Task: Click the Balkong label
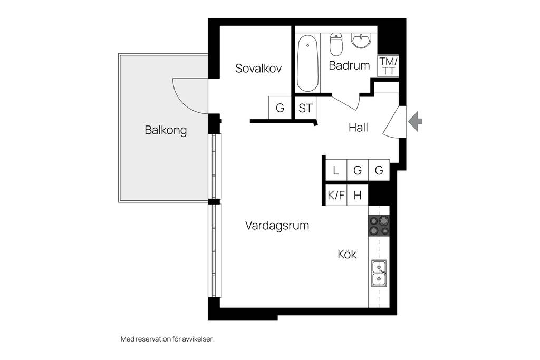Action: tap(166, 130)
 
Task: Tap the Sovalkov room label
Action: tap(258, 68)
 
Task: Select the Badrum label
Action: tap(349, 65)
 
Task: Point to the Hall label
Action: tap(358, 128)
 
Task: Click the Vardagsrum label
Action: tap(277, 226)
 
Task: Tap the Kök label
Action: tap(347, 255)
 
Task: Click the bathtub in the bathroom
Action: tap(307, 63)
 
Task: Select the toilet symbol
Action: tap(336, 44)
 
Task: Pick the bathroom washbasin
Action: tap(361, 40)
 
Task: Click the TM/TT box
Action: tap(389, 66)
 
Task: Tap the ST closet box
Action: tap(305, 108)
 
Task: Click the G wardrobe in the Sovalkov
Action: tap(280, 108)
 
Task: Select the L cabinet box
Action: tap(336, 170)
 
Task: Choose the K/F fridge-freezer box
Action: tap(336, 196)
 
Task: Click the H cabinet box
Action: tap(358, 196)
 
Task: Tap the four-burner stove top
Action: tap(379, 226)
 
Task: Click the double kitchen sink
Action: tap(379, 273)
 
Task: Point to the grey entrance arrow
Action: tap(415, 121)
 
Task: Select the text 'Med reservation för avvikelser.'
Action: tap(167, 339)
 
